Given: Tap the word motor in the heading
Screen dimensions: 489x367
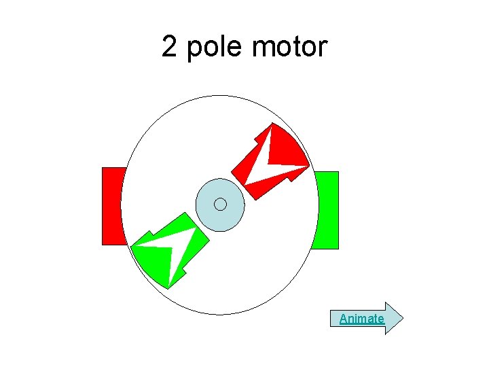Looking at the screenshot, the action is pyautogui.click(x=289, y=48).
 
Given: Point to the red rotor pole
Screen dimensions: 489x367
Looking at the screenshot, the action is pyautogui.click(x=255, y=170).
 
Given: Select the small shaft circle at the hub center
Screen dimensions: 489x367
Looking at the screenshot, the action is pyautogui.click(x=220, y=205).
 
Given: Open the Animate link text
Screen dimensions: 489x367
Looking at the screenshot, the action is pyautogui.click(x=361, y=318).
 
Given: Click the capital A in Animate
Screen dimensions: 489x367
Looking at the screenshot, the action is pyautogui.click(x=343, y=318).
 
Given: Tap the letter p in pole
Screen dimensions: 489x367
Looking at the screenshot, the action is pyautogui.click(x=194, y=49).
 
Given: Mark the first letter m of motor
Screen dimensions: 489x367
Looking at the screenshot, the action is pyautogui.click(x=261, y=48).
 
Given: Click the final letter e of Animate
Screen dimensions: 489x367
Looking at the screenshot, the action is pyautogui.click(x=380, y=319).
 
